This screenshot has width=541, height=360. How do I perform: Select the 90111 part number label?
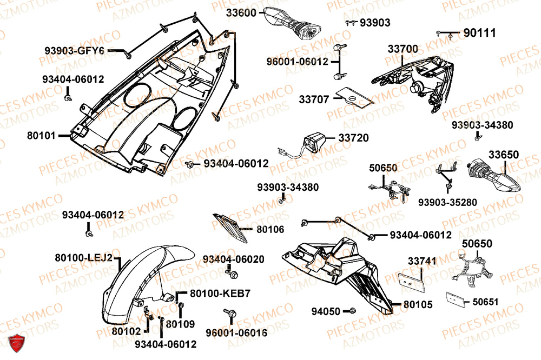point(479,33)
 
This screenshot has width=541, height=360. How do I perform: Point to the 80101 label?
point(41,136)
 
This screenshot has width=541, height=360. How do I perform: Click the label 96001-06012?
point(297,62)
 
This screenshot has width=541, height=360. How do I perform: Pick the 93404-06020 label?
point(234,259)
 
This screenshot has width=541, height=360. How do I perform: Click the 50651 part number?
point(486,302)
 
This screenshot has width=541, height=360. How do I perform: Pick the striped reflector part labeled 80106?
point(229,227)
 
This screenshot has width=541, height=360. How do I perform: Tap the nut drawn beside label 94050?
point(352,310)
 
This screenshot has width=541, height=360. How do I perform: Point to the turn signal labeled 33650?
point(492,176)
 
